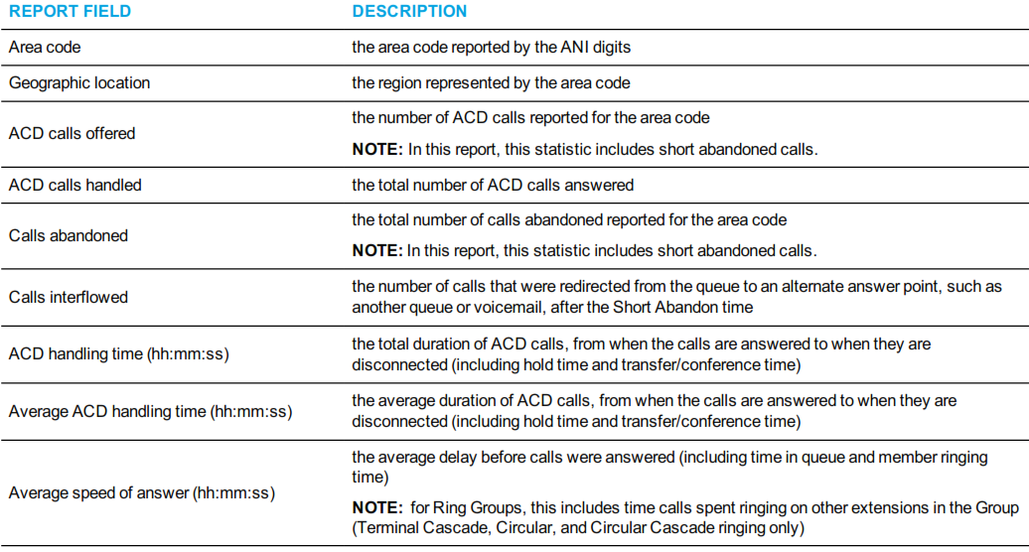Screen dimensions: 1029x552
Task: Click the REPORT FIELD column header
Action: click(x=70, y=11)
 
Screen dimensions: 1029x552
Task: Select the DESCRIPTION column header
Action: click(x=409, y=11)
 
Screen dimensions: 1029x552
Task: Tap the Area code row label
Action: click(x=45, y=48)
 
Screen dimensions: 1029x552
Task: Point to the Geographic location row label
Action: click(x=79, y=83)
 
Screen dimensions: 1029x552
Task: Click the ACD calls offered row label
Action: click(x=73, y=134)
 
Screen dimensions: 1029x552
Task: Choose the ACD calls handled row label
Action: click(x=74, y=186)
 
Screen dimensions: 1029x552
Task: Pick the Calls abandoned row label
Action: click(x=69, y=236)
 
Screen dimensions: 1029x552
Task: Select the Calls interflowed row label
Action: click(x=69, y=298)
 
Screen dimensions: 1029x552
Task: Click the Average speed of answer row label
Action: click(x=142, y=493)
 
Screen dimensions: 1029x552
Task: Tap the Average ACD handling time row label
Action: click(x=150, y=412)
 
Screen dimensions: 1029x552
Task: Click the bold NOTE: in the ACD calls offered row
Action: click(x=377, y=150)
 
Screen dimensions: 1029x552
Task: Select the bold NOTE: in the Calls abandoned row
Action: click(x=377, y=251)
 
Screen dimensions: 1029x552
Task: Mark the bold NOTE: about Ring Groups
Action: click(x=377, y=508)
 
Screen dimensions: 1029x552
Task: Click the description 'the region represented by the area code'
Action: click(x=491, y=83)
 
